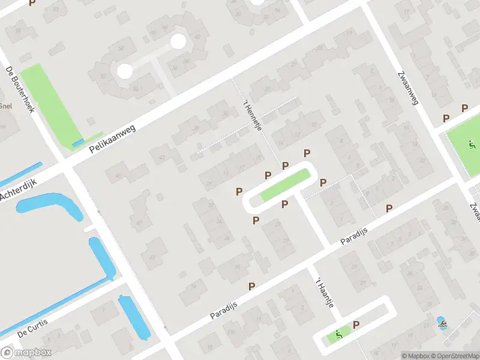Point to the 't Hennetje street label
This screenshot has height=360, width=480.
[252, 116]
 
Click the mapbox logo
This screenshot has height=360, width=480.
[26, 352]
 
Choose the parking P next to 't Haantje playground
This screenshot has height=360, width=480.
[356, 325]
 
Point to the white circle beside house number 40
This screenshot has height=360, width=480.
[178, 41]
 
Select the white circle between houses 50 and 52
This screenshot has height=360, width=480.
[124, 71]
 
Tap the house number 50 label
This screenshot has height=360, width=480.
[121, 47]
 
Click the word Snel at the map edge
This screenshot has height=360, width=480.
[6, 106]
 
